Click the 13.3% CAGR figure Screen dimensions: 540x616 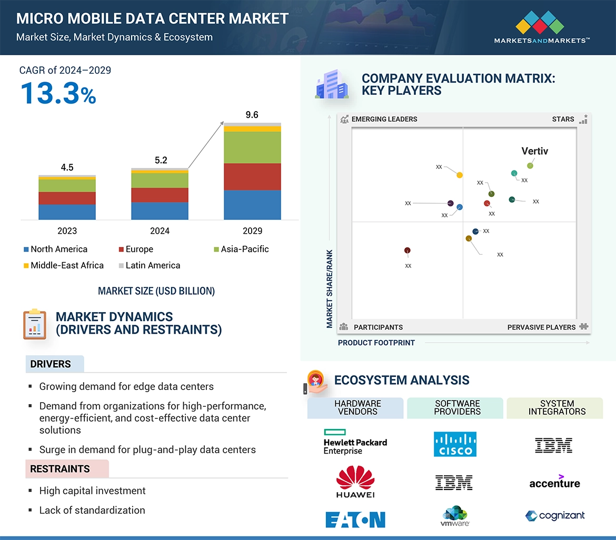click(58, 93)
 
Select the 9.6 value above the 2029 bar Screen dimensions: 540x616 click(252, 115)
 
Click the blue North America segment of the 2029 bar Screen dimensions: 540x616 click(252, 205)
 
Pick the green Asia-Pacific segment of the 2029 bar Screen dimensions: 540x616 click(252, 147)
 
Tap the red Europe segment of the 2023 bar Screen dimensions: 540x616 click(67, 198)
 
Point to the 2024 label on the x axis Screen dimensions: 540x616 click(160, 231)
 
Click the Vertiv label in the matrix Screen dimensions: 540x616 click(534, 151)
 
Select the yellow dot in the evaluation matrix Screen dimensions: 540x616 click(460, 175)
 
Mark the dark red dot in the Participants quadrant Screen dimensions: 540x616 click(408, 251)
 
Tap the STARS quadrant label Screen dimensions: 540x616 click(563, 119)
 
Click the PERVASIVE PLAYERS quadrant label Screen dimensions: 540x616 click(541, 327)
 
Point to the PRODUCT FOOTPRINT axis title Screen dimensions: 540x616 click(376, 343)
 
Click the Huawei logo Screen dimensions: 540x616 click(355, 481)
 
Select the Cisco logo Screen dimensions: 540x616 click(455, 444)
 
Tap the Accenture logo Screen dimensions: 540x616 click(554, 482)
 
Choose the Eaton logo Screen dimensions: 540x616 click(355, 519)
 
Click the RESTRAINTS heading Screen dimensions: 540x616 click(60, 469)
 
